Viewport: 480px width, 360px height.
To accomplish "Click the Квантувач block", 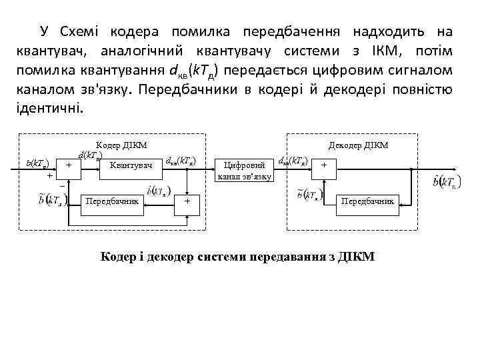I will (x=131, y=164).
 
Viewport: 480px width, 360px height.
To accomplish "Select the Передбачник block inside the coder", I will (x=112, y=200).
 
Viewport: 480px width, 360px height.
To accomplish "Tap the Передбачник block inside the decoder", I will (x=368, y=200).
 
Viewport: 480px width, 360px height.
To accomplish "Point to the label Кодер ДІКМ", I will (x=121, y=145).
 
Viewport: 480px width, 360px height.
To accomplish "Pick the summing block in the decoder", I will (x=325, y=164).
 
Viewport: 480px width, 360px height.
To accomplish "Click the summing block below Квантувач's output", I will (x=188, y=200).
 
